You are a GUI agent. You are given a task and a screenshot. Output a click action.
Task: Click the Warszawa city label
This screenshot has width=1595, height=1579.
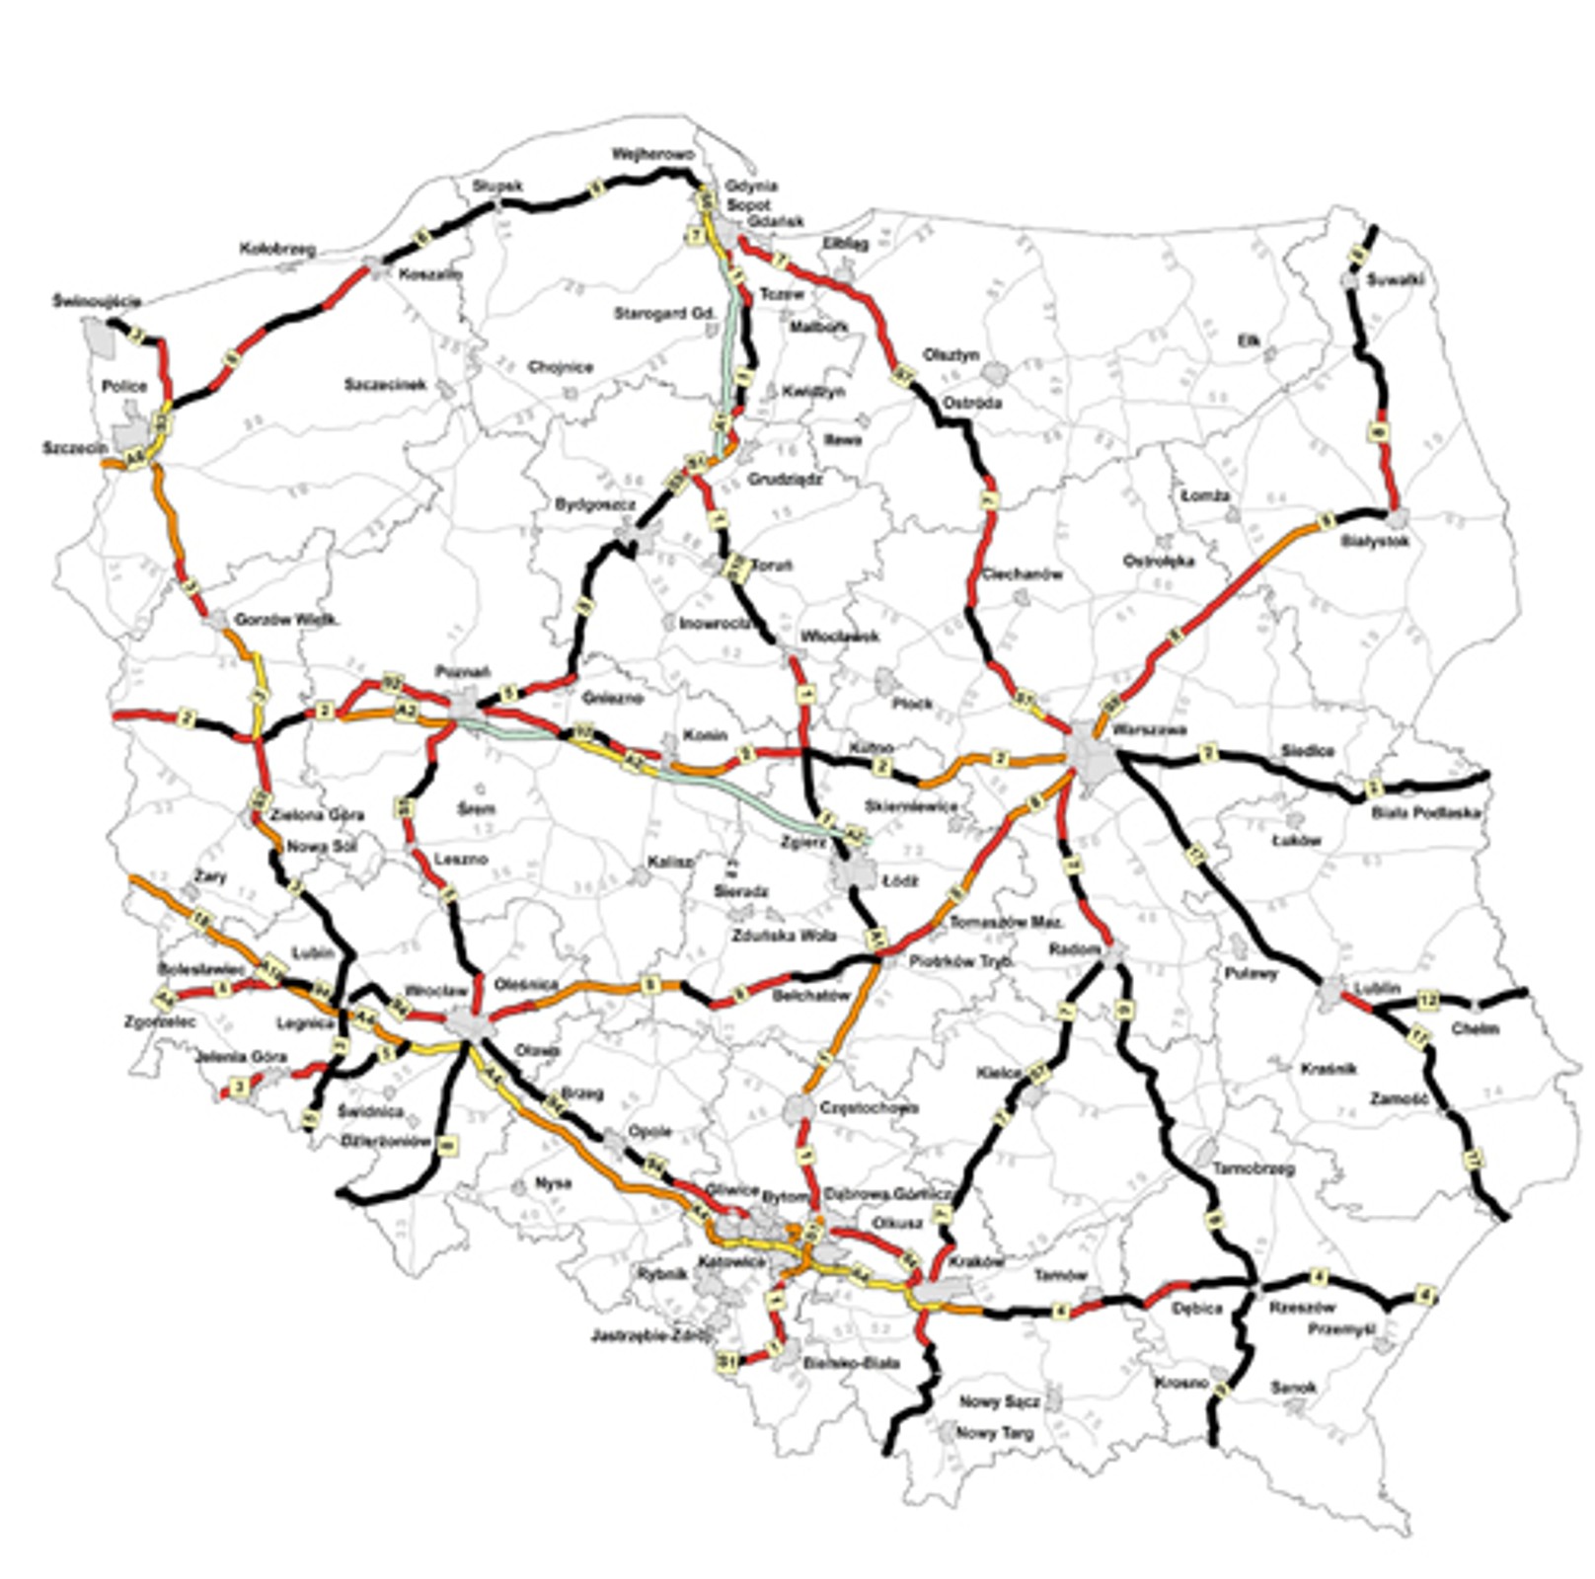click(x=1149, y=730)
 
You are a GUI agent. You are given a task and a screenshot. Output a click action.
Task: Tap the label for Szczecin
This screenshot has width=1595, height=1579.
click(x=75, y=448)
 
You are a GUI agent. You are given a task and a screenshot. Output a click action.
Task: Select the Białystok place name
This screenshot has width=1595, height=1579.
click(x=1375, y=541)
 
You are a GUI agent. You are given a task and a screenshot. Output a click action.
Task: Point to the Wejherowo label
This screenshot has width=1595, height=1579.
click(x=652, y=155)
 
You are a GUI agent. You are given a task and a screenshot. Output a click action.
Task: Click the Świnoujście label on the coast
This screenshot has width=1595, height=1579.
click(x=97, y=301)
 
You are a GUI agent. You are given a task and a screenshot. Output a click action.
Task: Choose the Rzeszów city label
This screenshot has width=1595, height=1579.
click(x=1301, y=1308)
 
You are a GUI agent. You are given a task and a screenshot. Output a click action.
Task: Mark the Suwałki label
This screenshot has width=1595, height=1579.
click(x=1395, y=280)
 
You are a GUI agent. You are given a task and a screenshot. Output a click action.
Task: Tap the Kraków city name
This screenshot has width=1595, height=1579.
click(x=975, y=1262)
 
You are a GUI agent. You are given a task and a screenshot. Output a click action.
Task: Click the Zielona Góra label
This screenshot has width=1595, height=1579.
click(x=317, y=815)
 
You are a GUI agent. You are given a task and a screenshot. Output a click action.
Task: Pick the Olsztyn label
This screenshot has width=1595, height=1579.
click(x=951, y=354)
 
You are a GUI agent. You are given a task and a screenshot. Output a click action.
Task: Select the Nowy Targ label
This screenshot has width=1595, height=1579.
click(x=994, y=1433)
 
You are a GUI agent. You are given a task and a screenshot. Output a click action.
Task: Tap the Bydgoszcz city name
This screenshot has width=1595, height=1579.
click(x=594, y=505)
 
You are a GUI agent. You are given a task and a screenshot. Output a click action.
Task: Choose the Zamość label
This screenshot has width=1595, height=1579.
click(x=1399, y=1098)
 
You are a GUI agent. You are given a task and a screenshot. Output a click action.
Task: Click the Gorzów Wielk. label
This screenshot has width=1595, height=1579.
click(x=286, y=620)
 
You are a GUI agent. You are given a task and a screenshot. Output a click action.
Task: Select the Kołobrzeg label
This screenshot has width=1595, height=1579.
click(x=277, y=250)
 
